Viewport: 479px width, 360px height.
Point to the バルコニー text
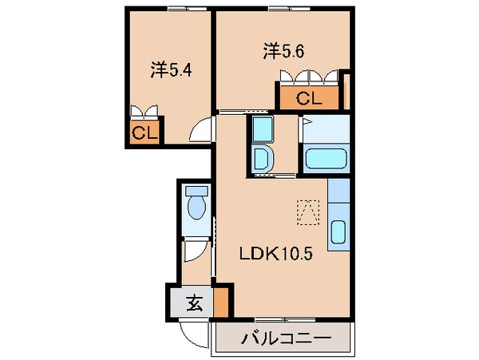(286, 338)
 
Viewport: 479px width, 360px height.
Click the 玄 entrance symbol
(193, 303)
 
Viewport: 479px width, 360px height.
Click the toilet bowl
(196, 206)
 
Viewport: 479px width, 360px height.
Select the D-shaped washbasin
(262, 156)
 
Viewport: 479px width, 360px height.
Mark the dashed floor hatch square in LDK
(307, 209)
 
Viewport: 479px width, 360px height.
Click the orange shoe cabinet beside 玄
(221, 303)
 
